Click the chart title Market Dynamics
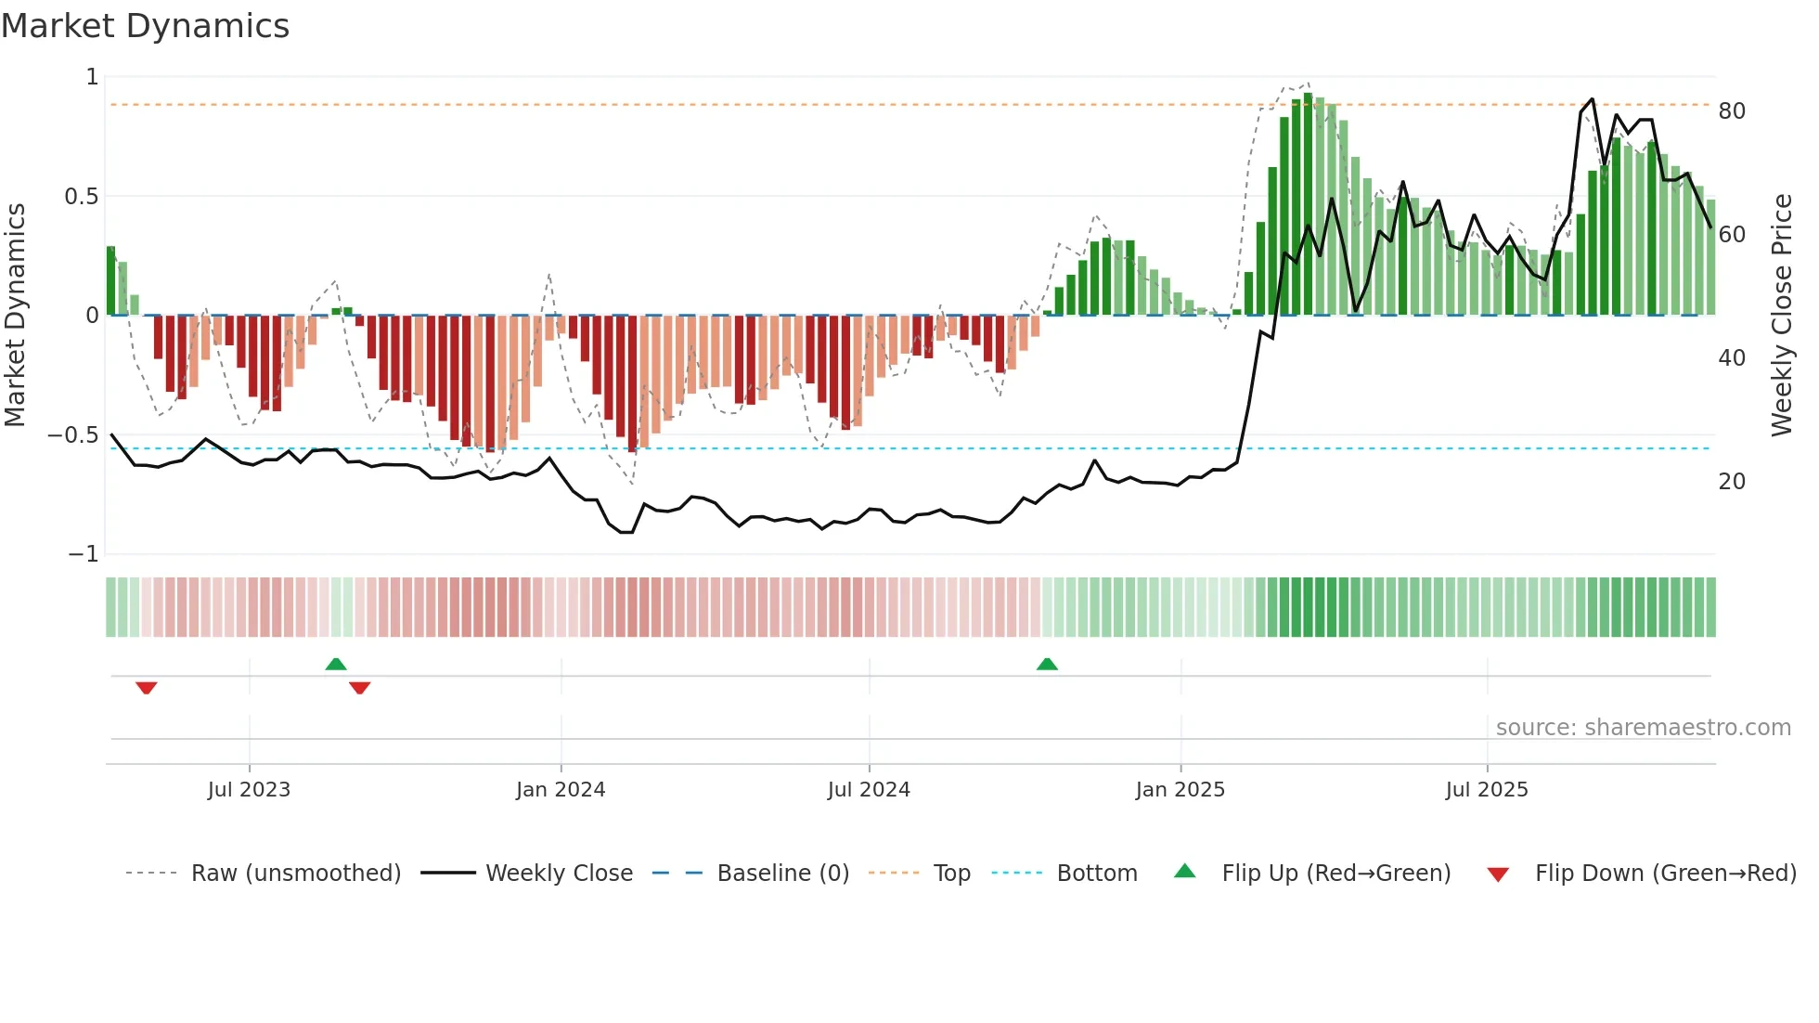tap(146, 26)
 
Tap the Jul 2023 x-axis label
tap(249, 790)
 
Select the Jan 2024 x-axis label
tap(561, 790)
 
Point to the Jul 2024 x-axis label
tap(869, 790)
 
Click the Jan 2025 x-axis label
tap(1180, 790)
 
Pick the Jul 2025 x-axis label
tap(1487, 790)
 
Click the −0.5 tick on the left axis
tap(73, 435)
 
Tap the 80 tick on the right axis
tap(1732, 111)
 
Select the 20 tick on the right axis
tap(1732, 482)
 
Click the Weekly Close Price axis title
tap(1782, 316)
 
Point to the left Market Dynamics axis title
tap(16, 316)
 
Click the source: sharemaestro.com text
tap(1644, 728)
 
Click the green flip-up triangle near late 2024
tap(1047, 664)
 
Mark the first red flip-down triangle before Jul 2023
tap(147, 688)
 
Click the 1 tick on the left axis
tap(92, 77)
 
